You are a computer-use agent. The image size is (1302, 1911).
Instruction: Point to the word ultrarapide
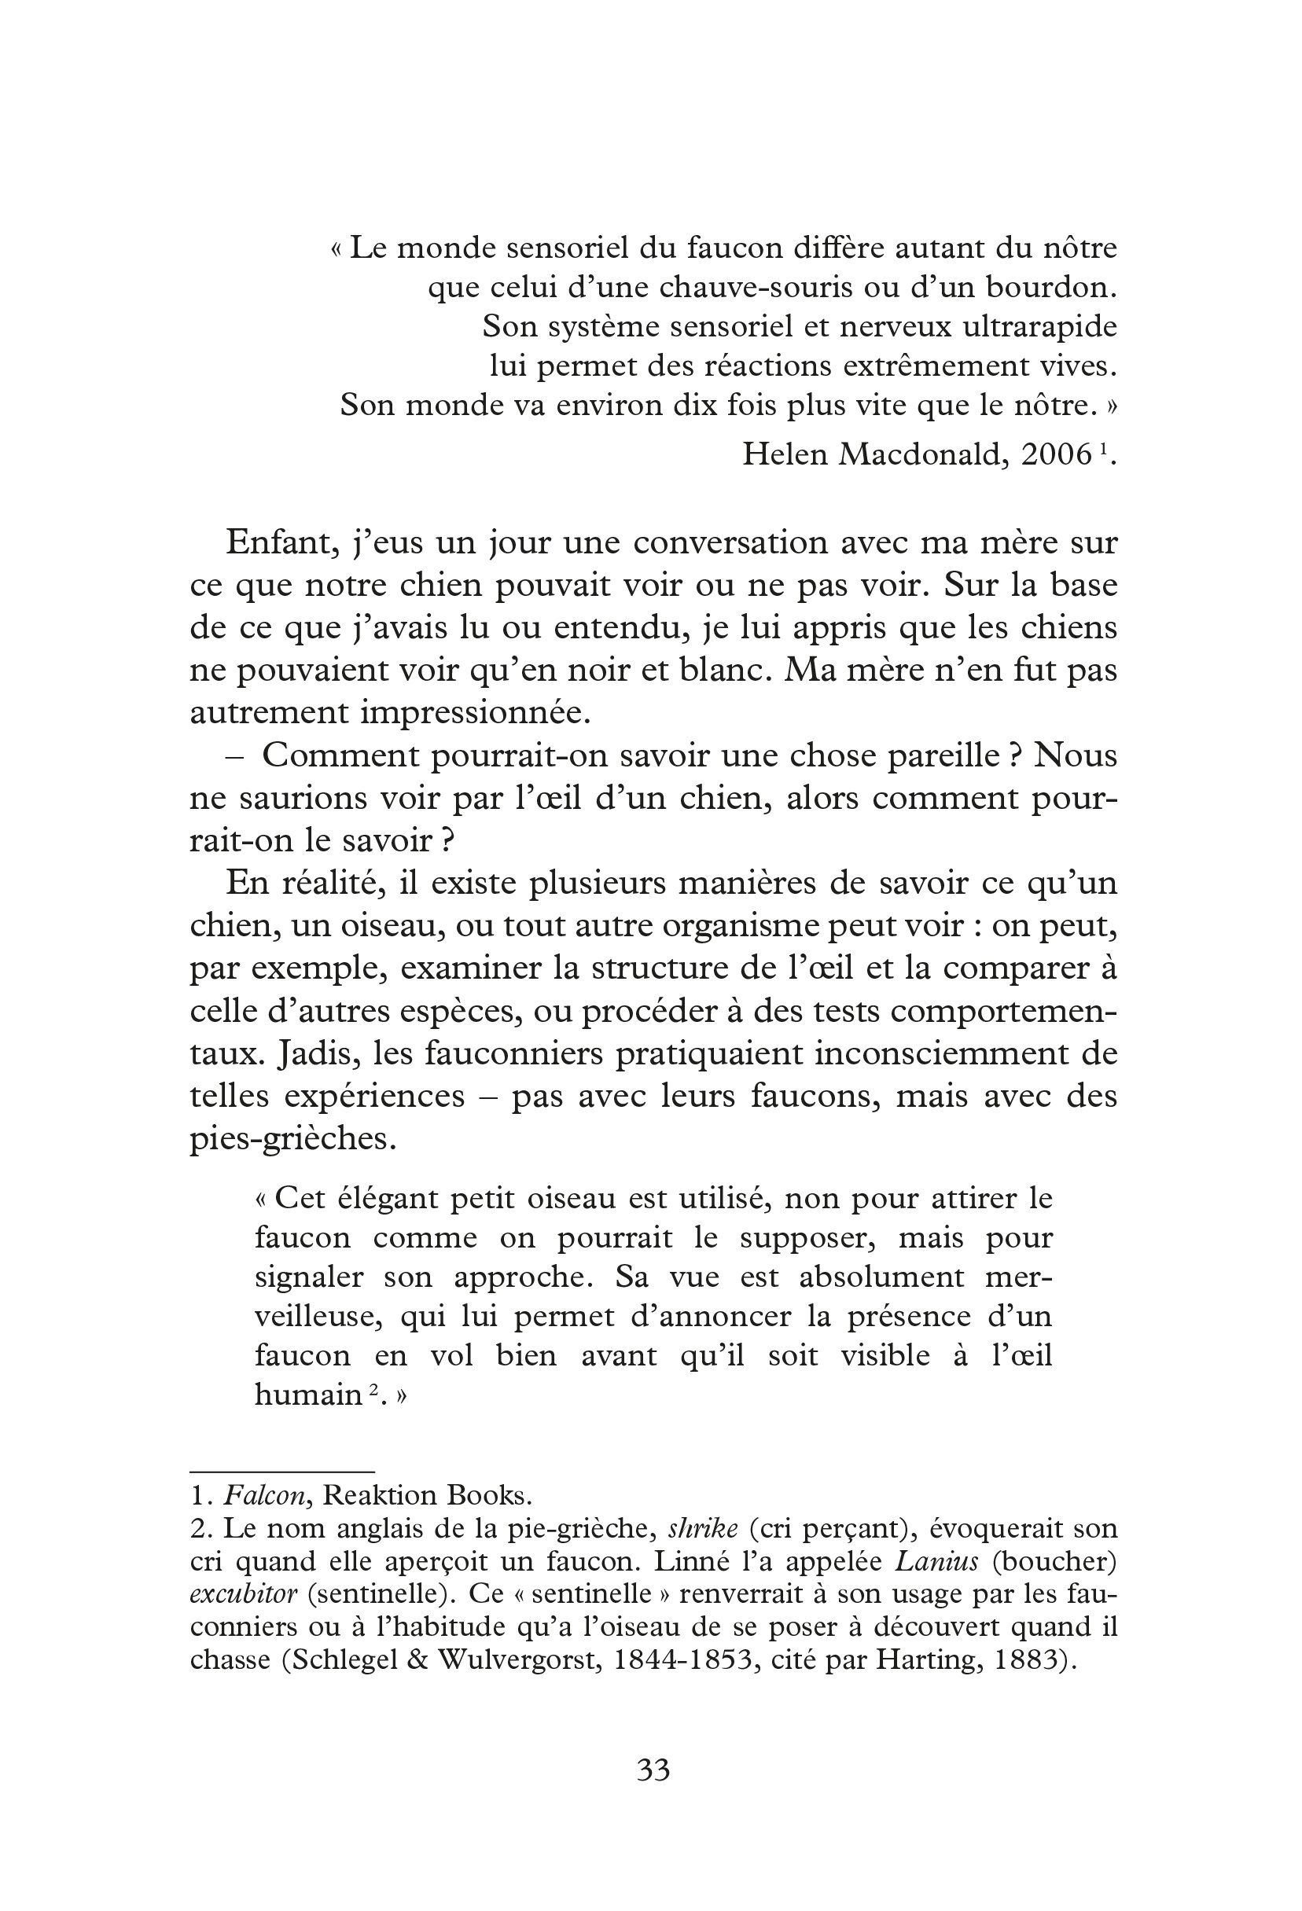pos(1039,327)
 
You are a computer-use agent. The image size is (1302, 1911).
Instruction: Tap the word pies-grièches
pos(292,1139)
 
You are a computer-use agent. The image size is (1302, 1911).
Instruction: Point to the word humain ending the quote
pos(308,1395)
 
